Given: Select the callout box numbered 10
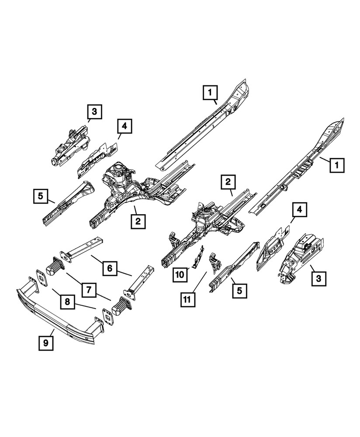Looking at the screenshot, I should [x=180, y=274].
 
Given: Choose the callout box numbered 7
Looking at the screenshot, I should [x=88, y=289].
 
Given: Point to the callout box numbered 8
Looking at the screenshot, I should [x=67, y=302].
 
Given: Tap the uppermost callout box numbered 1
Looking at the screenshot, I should [x=210, y=93].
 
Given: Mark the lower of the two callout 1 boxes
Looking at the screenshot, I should [x=337, y=166].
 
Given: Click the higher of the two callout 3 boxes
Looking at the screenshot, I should [x=94, y=111].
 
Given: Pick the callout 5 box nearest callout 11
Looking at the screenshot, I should [x=240, y=289].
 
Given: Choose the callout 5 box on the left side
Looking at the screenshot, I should [x=40, y=195].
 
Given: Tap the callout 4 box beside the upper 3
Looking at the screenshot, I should [x=124, y=126].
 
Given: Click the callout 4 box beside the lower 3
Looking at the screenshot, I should [x=299, y=210].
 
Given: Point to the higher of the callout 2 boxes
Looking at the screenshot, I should [x=228, y=181].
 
